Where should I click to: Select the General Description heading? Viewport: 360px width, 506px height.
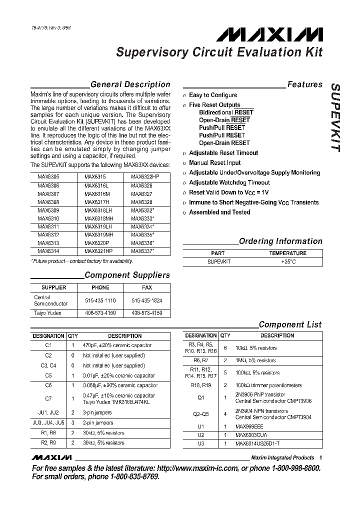(x=130, y=84)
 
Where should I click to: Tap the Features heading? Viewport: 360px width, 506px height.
(x=304, y=84)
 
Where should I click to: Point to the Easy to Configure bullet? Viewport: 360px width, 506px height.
(x=212, y=95)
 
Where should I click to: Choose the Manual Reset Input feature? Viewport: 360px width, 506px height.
(x=214, y=163)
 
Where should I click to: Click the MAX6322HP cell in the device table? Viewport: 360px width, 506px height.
(x=145, y=176)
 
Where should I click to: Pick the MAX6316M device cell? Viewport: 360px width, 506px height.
(x=96, y=193)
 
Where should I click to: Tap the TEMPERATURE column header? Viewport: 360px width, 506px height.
(x=287, y=253)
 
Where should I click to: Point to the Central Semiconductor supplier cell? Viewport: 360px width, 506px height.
(x=50, y=300)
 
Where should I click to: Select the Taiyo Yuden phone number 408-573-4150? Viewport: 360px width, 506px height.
(x=100, y=313)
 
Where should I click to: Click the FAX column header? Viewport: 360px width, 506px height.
(x=147, y=288)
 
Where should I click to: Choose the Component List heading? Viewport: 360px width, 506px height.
(x=290, y=325)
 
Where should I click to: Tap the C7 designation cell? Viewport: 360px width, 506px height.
(x=48, y=399)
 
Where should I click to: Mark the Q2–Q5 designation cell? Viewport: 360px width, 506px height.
(x=200, y=414)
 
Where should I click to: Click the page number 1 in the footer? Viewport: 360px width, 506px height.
(x=320, y=457)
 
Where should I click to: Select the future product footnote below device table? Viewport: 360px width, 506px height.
(x=82, y=261)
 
